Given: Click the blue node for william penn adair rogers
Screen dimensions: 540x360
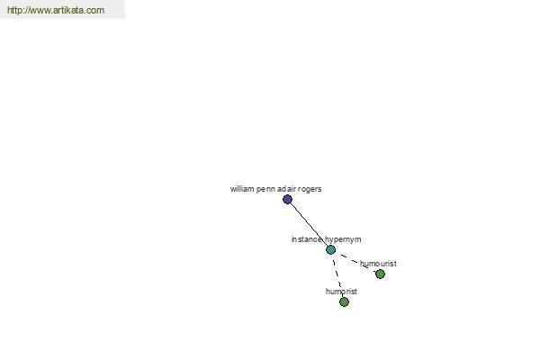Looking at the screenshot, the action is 287,199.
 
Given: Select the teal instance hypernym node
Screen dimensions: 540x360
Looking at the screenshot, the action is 330,250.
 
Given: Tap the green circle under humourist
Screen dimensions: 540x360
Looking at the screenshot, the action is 380,274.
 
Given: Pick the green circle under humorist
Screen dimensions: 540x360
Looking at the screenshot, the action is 344,301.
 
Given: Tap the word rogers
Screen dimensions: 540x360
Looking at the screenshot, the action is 310,190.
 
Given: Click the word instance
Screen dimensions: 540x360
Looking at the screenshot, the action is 307,239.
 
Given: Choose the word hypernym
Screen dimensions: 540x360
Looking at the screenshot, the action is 343,239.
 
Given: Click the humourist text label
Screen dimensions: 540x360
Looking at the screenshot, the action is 378,264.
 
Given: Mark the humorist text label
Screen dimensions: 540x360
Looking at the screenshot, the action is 341,292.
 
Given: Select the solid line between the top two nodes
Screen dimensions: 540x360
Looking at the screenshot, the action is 309,224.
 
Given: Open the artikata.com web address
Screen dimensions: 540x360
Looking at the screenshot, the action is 56,10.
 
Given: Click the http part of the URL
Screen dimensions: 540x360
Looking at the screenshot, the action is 14,10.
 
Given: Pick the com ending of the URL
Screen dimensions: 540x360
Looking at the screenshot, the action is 95,11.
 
